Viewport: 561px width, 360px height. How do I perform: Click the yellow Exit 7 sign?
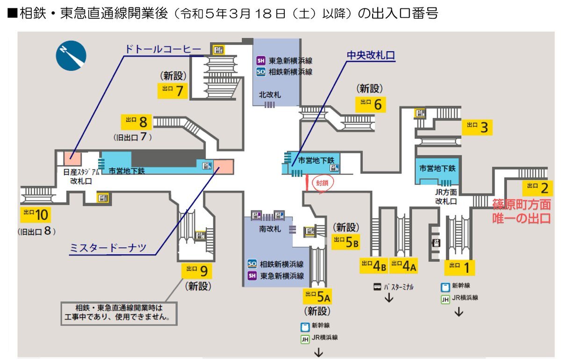click(173, 90)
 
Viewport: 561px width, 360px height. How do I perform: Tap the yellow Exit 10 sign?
click(35, 215)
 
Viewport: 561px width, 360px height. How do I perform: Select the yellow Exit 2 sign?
click(537, 188)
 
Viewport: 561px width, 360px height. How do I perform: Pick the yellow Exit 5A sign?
click(318, 296)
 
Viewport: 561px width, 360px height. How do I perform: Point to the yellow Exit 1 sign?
click(460, 267)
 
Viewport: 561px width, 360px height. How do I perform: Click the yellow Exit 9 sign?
click(197, 271)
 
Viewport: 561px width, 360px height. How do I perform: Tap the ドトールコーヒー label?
click(163, 49)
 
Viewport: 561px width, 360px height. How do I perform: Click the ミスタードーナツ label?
click(108, 248)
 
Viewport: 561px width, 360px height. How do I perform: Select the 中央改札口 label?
click(371, 55)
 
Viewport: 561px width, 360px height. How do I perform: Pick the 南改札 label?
click(270, 230)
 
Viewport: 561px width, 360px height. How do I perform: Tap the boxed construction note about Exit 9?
click(119, 313)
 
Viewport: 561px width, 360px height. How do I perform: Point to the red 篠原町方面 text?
click(522, 205)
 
